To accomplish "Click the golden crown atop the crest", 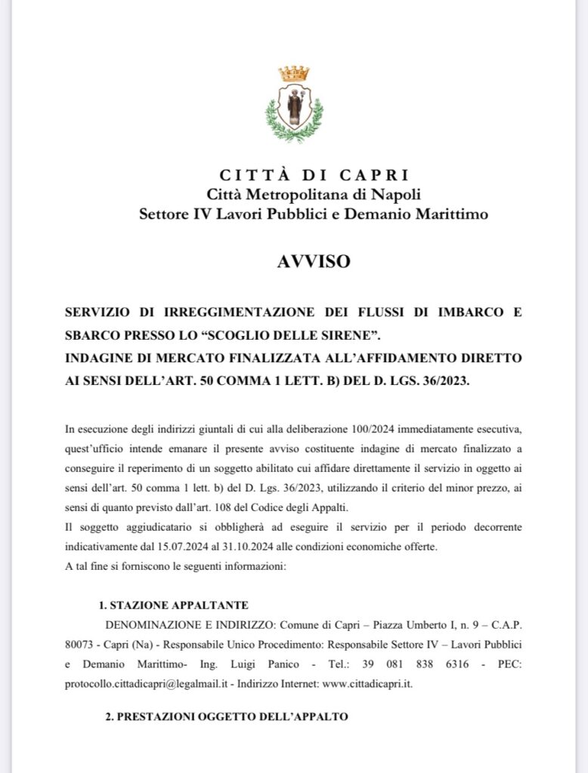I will [x=294, y=73].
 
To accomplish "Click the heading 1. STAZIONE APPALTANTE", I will [x=174, y=605].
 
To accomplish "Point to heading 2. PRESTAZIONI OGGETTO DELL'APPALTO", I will [x=227, y=717].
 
